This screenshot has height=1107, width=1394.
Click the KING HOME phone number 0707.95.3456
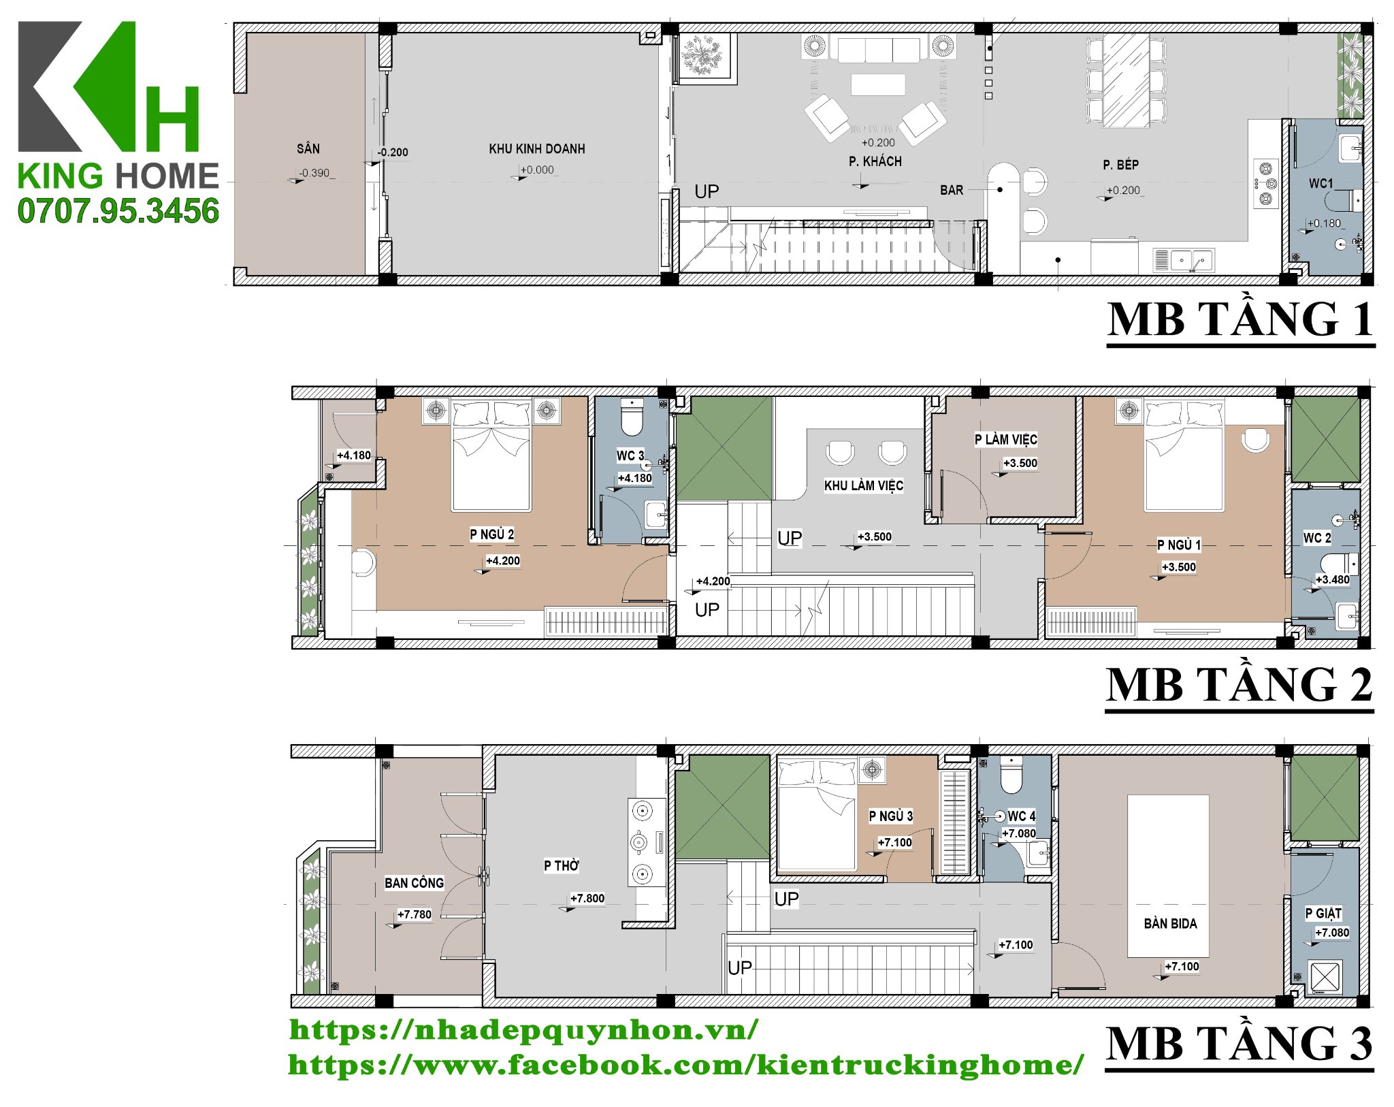coord(118,211)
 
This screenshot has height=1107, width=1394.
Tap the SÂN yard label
coord(308,148)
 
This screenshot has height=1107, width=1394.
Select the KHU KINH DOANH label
coord(537,148)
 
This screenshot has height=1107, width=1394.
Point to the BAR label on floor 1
coord(952,190)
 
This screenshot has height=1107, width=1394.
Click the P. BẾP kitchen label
coord(1120,164)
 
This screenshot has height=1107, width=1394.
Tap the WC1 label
coord(1320,183)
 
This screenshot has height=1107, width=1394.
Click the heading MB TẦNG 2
coord(1239,684)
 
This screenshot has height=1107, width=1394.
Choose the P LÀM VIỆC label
coord(1006,439)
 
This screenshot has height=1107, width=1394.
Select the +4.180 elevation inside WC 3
coord(634,478)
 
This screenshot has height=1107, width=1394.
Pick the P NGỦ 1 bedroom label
coord(1180,545)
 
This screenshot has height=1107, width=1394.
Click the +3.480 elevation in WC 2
coord(1332,579)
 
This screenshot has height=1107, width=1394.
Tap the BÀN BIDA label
coord(1170,923)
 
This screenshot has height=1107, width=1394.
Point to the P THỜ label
coord(562,865)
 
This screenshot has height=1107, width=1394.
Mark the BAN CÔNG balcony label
coord(414,883)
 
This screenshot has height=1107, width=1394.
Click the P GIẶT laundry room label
coord(1323,913)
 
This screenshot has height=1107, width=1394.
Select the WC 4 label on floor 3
coord(1022,816)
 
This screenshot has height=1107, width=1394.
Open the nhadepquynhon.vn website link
coord(523,1030)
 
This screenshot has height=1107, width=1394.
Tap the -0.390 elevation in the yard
coord(314,173)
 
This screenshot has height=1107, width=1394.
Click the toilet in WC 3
coord(632,417)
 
